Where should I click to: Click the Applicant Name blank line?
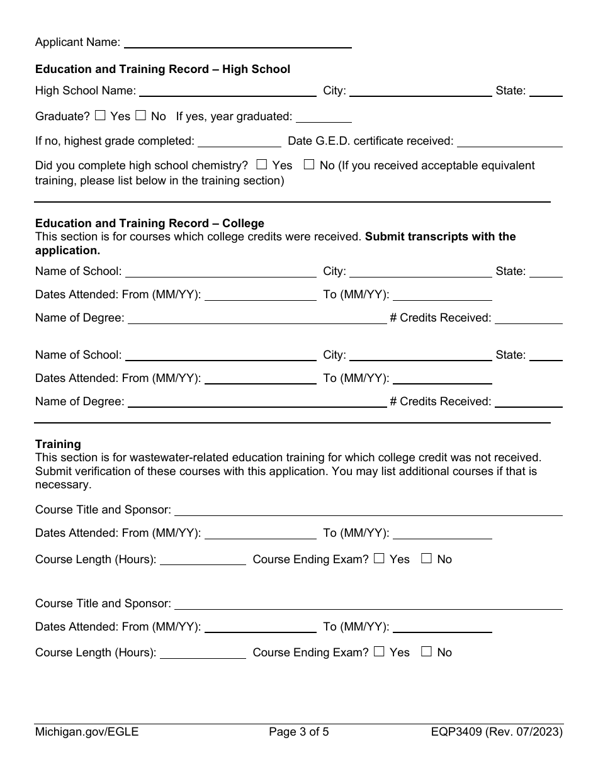pos(238,43)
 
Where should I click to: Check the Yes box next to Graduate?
pos(100,116)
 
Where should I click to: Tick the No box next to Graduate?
pos(141,116)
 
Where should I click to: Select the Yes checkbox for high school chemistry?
pos(262,165)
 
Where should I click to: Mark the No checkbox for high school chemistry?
pos(309,165)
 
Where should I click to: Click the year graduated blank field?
pos(324,117)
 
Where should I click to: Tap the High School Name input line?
pos(227,91)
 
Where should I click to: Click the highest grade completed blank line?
pos(239,142)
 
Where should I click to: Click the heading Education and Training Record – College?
pos(150,223)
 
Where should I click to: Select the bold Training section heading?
pos(58,444)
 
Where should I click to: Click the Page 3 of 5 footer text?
pos(299,732)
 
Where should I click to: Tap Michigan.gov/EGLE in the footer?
pos(87,732)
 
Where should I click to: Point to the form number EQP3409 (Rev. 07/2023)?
pos(497,732)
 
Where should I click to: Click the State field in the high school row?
pos(546,91)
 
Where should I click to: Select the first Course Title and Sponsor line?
pos(368,510)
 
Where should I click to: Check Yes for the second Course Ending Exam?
pos(379,652)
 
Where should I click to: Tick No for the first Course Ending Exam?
pos(426,558)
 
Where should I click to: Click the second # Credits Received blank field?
pos(528,402)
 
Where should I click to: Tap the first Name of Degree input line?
pos(257,319)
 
